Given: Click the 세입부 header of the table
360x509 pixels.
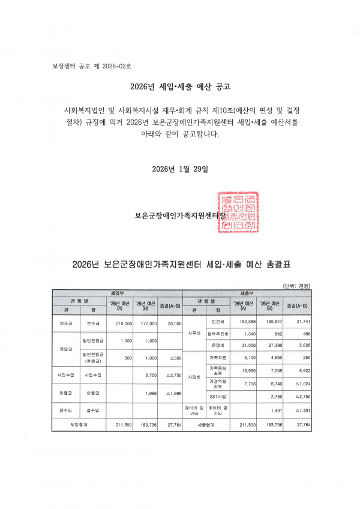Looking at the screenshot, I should pos(118,292).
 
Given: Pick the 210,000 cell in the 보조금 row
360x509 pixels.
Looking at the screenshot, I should pos(124,323).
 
